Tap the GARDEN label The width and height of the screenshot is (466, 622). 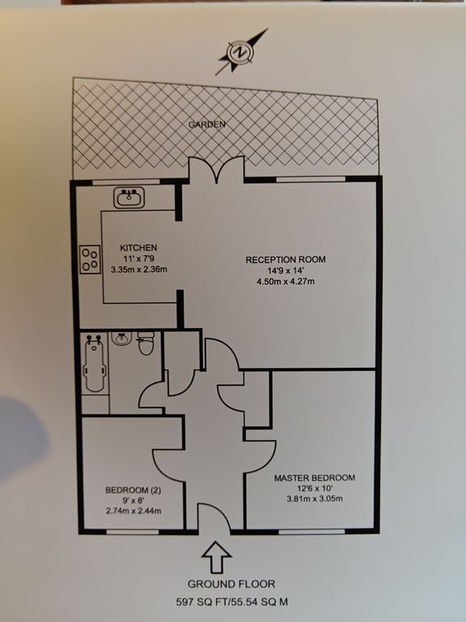207,125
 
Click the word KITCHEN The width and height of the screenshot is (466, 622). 138,247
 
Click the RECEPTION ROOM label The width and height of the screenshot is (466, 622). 286,259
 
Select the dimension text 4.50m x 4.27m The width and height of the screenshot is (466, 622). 286,282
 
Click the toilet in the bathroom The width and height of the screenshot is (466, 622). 146,346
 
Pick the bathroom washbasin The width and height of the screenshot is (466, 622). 121,339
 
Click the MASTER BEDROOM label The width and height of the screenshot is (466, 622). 314,477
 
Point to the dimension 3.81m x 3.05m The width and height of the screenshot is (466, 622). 314,499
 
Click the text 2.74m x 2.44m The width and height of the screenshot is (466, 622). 133,511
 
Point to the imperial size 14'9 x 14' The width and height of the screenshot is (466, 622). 286,271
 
